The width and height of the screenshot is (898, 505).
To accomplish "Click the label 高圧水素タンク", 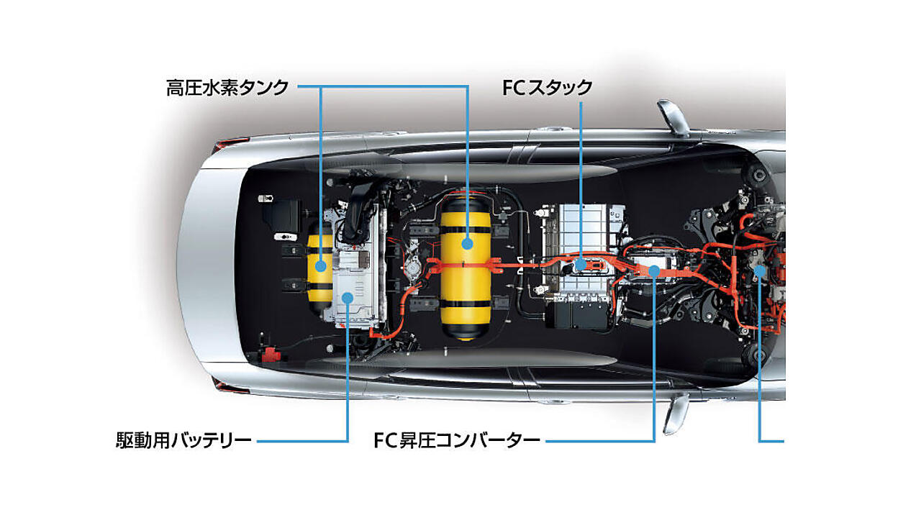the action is point(227,88).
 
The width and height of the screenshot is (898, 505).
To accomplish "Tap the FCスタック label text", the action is point(547,88).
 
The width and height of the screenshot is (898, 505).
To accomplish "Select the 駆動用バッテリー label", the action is point(183,440).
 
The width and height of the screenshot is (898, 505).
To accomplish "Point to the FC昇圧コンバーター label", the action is point(457,440).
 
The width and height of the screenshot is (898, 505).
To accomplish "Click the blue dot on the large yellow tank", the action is point(467,243).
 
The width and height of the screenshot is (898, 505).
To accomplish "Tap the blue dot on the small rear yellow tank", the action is point(321,265).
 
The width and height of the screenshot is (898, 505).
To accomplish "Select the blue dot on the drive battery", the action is point(348,297).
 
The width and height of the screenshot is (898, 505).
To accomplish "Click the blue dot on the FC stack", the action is point(581,264).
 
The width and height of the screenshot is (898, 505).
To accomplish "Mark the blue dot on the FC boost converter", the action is point(654,271).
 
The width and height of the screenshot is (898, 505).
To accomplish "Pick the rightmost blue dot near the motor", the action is point(759,271).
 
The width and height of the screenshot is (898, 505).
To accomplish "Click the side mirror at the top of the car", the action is point(673,117).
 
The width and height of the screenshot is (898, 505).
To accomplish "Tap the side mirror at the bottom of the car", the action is point(676,414).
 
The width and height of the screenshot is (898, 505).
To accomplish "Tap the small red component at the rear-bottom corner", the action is point(271,355).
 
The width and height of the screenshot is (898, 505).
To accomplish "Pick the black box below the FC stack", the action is point(577,315).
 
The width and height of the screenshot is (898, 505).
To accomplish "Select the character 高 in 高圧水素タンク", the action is point(175,88).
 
